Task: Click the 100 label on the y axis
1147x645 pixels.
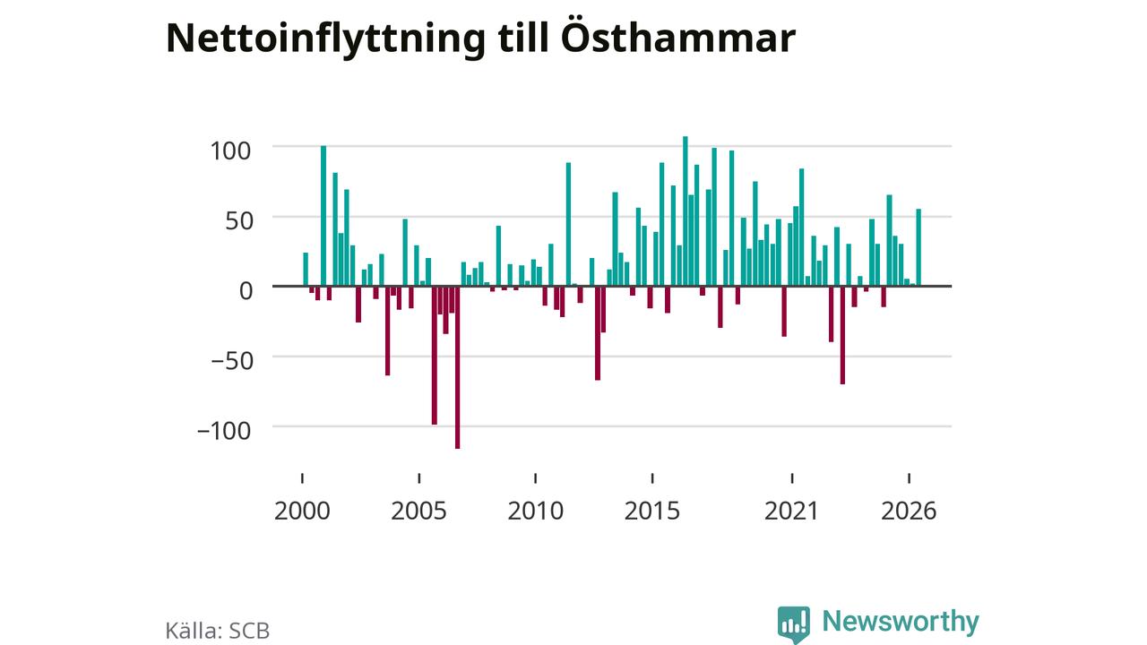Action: pyautogui.click(x=230, y=151)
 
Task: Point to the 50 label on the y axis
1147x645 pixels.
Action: pyautogui.click(x=239, y=221)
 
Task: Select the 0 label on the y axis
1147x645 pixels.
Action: pyautogui.click(x=246, y=291)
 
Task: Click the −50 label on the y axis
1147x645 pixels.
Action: pyautogui.click(x=232, y=361)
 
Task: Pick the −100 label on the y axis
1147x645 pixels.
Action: pyautogui.click(x=224, y=431)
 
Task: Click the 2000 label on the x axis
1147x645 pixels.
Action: pyautogui.click(x=302, y=511)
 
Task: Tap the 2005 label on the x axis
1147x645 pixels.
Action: pyautogui.click(x=418, y=511)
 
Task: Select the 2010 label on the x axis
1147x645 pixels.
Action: pyautogui.click(x=536, y=511)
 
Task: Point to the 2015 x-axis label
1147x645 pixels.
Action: pyautogui.click(x=652, y=511)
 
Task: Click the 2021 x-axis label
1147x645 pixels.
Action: pyautogui.click(x=791, y=511)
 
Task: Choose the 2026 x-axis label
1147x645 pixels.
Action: pyautogui.click(x=909, y=511)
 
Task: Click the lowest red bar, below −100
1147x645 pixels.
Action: pyautogui.click(x=457, y=367)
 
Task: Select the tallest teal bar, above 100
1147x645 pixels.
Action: pyautogui.click(x=686, y=211)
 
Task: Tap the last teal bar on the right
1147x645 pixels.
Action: pyautogui.click(x=918, y=247)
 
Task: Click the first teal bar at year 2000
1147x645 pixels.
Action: pyautogui.click(x=306, y=270)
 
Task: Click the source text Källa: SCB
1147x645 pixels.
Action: pyautogui.click(x=218, y=631)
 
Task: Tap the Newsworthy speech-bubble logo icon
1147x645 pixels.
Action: pyautogui.click(x=794, y=624)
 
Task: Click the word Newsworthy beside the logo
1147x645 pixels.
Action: pyautogui.click(x=901, y=622)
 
